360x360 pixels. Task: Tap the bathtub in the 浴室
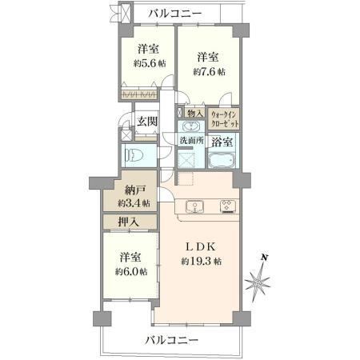222,161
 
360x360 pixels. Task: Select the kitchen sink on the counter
194,207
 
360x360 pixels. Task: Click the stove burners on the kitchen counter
227,207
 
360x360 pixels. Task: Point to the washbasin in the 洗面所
191,126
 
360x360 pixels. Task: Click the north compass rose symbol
258,282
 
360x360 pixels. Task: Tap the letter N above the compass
264,258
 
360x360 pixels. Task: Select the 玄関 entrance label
147,122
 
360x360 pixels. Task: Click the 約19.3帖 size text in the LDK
202,262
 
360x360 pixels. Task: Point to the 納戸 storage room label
135,190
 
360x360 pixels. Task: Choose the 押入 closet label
129,222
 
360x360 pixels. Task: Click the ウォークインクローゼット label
225,119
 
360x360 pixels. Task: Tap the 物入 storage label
194,114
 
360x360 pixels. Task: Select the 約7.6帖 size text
209,72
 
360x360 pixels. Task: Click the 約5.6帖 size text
150,63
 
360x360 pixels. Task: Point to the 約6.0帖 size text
131,272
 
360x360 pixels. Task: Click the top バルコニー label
175,14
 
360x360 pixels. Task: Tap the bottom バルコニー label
172,340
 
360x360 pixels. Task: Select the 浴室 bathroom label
222,142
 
